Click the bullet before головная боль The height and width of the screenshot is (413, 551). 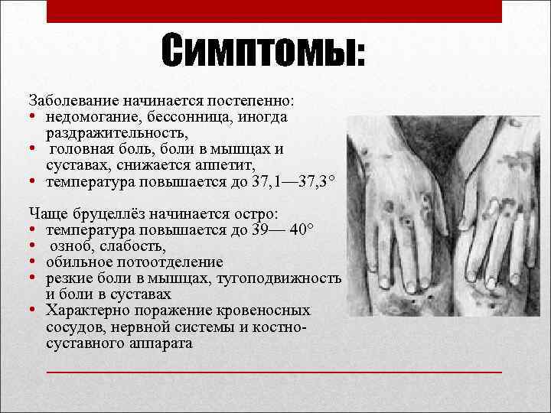tap(33, 149)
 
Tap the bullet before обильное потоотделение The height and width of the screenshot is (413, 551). tap(33, 262)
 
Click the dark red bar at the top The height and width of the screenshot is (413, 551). tap(274, 11)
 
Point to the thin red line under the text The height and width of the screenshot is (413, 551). tap(274, 371)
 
